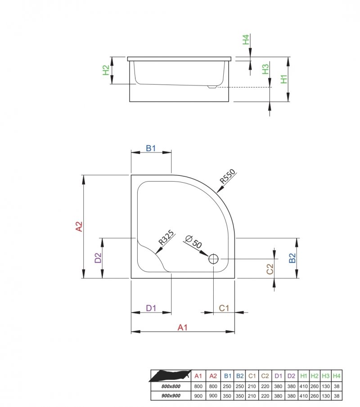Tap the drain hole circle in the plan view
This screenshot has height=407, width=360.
coord(213,259)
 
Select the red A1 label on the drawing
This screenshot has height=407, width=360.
coord(182,327)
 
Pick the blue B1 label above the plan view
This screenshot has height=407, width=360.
coord(151,148)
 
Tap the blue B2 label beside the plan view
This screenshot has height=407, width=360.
coord(292,258)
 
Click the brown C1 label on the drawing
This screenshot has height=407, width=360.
coord(224,308)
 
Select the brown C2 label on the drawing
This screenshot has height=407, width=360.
coord(270,269)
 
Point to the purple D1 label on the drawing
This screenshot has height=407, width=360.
coord(151,308)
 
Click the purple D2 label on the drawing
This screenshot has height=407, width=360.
coord(98,258)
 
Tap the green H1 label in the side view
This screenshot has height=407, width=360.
coord(283,80)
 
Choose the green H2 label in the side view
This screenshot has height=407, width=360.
coord(106,71)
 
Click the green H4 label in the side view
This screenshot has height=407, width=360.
coord(246,40)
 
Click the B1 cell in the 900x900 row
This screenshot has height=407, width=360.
coord(228,395)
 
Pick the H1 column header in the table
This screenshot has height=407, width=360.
coord(304,376)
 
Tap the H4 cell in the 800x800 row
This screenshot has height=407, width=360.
coord(336,386)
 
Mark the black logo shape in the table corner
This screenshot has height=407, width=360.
coord(170,376)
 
